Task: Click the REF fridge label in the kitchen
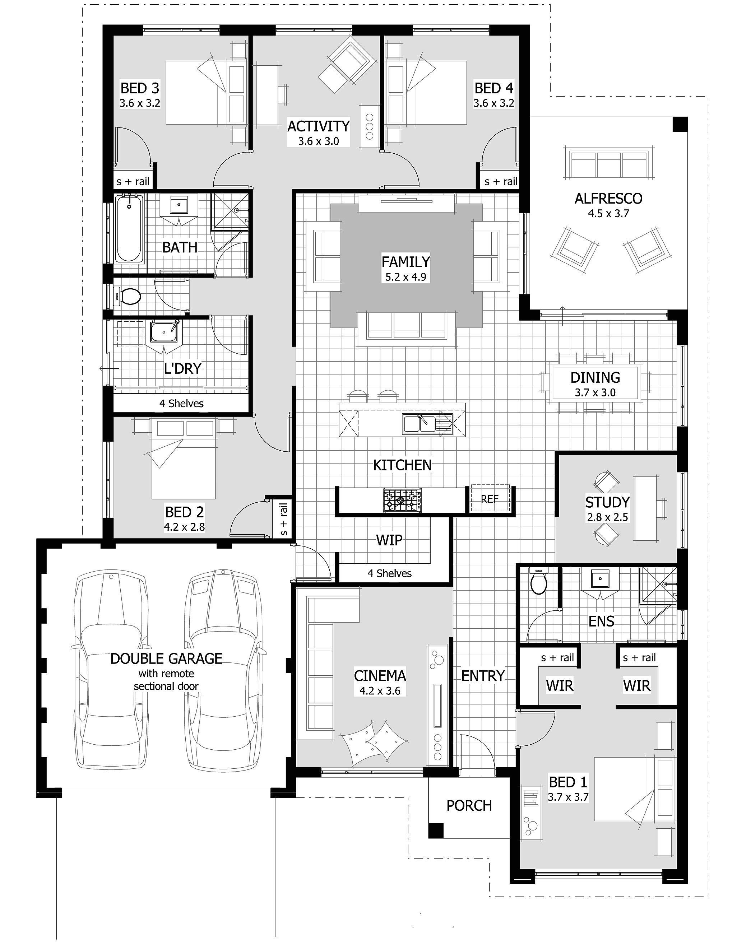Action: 490,499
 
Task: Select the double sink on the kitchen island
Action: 419,424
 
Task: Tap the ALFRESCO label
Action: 608,199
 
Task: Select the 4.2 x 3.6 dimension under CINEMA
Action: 380,690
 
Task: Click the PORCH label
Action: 469,806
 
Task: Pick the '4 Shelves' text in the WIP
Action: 389,573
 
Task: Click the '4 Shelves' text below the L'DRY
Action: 181,404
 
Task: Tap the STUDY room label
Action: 607,502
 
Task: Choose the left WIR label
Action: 559,685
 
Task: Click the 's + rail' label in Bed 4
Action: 501,182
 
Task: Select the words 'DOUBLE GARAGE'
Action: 166,658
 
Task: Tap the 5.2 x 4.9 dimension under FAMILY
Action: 405,277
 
